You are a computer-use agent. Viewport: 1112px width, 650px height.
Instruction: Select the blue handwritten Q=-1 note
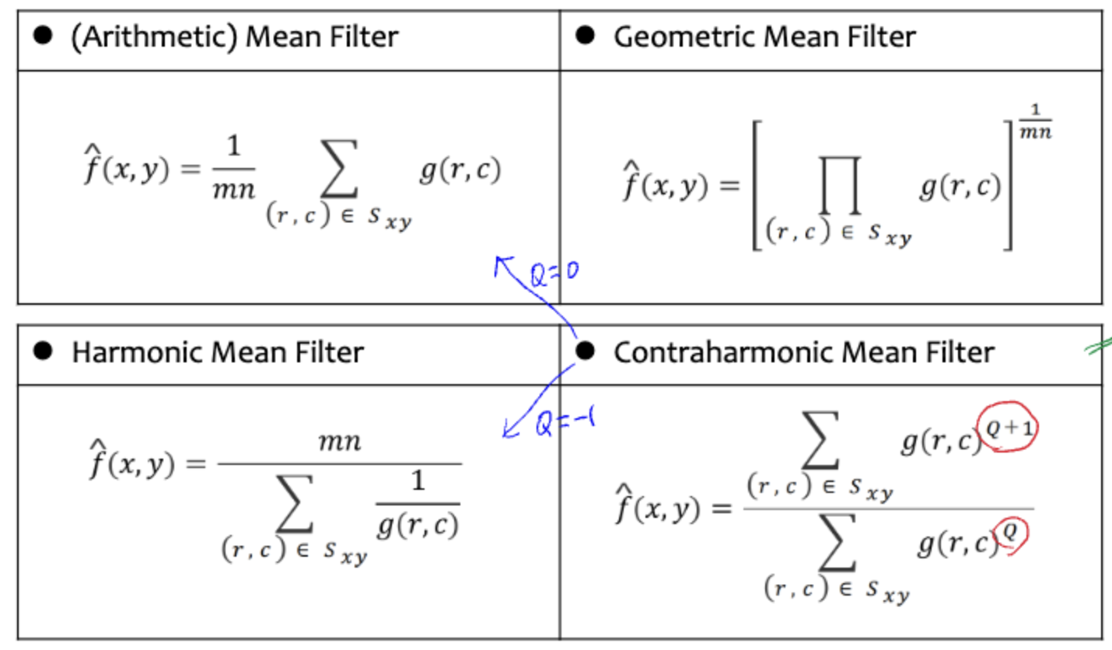[x=565, y=425]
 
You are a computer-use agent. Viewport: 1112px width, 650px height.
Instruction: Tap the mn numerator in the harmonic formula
[x=340, y=442]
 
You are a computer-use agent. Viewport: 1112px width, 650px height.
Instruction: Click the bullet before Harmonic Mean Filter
[x=44, y=352]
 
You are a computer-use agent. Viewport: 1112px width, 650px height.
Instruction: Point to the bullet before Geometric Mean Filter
[x=585, y=36]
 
